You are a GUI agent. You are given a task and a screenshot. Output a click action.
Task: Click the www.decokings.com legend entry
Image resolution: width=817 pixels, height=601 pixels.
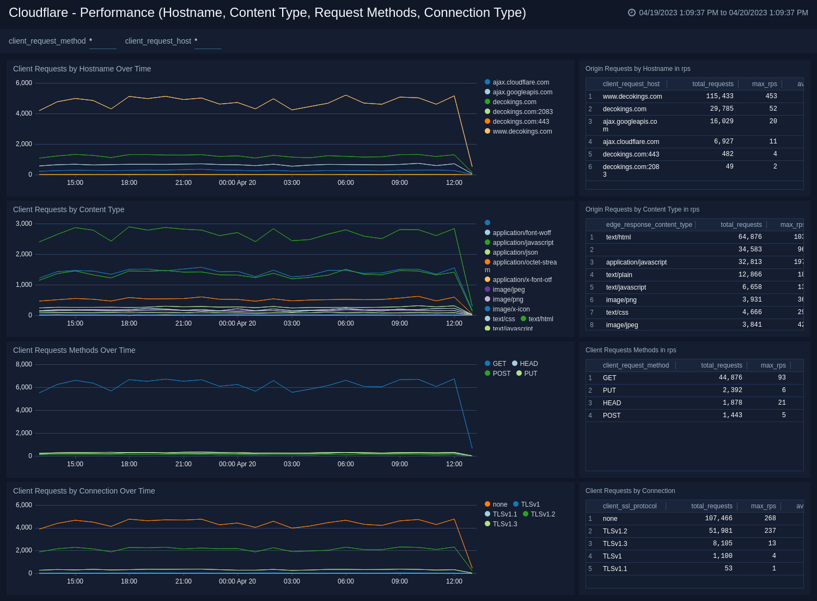(522, 131)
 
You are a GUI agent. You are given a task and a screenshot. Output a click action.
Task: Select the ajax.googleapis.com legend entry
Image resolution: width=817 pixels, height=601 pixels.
(522, 92)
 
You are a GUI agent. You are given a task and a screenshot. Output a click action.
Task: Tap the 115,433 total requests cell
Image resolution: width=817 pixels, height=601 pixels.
(720, 97)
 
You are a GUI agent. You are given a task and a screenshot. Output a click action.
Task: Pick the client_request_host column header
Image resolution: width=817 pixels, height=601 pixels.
(631, 84)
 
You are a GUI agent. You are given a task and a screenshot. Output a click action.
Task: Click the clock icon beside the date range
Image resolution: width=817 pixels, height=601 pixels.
(632, 13)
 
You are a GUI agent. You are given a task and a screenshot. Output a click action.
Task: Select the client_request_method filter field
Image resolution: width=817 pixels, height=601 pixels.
(102, 41)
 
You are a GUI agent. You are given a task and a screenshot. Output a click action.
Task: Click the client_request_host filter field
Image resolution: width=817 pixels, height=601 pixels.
(208, 41)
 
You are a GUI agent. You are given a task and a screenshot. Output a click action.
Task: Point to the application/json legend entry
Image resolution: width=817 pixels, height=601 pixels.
(515, 253)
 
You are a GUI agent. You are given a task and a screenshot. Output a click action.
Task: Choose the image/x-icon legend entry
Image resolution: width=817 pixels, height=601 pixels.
(511, 309)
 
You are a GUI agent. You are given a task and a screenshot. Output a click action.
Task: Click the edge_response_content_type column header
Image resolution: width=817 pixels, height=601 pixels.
(649, 225)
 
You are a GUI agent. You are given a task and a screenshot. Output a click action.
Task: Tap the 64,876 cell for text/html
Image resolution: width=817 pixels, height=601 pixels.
(750, 237)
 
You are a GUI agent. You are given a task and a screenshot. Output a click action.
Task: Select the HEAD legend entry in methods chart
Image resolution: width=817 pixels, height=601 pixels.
(528, 364)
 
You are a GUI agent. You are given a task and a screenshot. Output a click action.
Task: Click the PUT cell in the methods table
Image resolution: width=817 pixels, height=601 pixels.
(609, 390)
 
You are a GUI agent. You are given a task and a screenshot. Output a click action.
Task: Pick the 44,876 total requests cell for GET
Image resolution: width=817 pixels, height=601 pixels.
(730, 378)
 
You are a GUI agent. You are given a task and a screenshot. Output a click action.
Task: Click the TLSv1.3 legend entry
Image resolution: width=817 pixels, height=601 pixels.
(504, 524)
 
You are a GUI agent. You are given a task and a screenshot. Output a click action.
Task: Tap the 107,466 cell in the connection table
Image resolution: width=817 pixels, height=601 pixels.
(718, 519)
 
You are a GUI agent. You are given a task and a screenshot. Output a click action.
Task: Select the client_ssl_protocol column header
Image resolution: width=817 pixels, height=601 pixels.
(630, 506)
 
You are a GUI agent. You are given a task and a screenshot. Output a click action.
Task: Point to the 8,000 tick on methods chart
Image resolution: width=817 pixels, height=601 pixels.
(23, 364)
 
